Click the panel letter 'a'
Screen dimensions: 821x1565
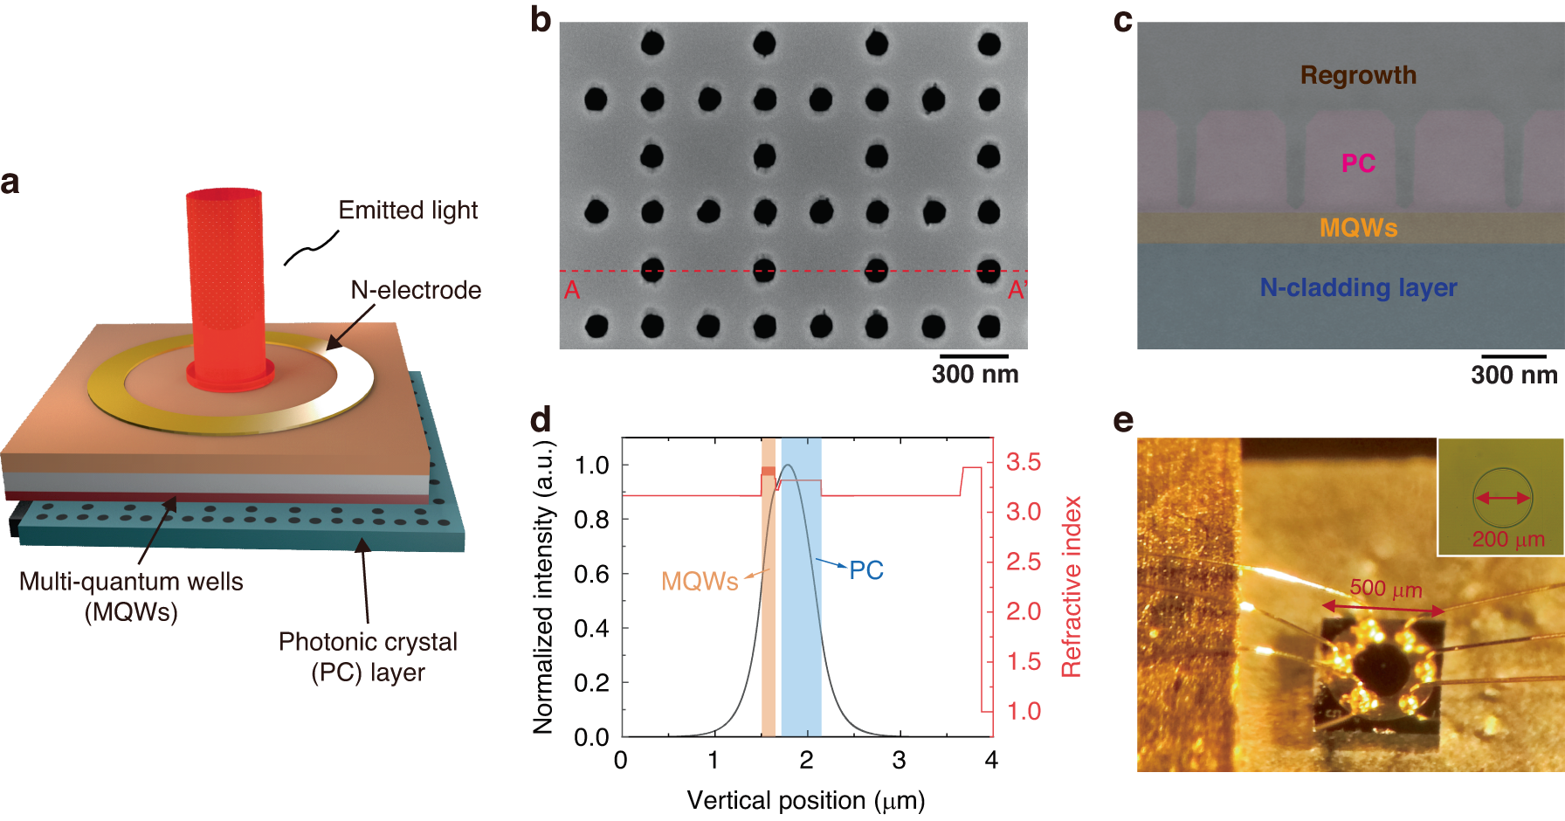click(10, 183)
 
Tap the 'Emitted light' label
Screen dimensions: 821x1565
click(408, 210)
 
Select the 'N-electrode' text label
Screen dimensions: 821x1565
click(416, 290)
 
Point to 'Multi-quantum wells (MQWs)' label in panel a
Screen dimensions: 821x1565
click(131, 597)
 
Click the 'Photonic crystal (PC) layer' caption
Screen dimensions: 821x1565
click(368, 657)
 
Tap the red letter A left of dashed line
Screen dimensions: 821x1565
click(572, 290)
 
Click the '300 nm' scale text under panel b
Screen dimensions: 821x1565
click(975, 375)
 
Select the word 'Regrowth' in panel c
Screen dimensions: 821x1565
click(1358, 75)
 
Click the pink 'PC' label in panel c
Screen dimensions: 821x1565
click(1358, 163)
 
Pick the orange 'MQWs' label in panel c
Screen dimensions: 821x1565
click(1358, 228)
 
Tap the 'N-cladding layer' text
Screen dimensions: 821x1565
click(1358, 287)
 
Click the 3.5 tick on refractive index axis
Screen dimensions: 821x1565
click(1023, 462)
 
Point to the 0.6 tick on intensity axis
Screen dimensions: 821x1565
click(591, 574)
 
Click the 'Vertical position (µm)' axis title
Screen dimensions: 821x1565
click(805, 800)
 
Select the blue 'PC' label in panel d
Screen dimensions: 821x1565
click(866, 570)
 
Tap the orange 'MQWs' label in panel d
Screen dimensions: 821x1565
click(700, 581)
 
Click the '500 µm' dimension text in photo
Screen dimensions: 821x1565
click(1386, 589)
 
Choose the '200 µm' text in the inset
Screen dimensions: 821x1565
click(1508, 540)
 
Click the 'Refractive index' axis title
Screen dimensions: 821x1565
click(1072, 587)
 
